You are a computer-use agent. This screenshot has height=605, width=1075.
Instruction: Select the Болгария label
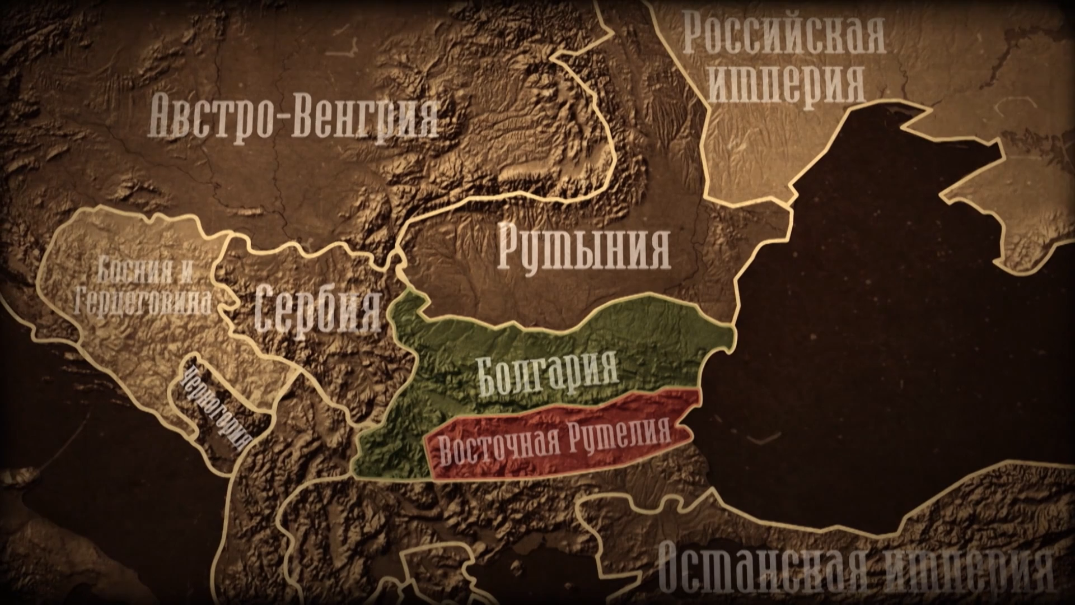tap(548, 373)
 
